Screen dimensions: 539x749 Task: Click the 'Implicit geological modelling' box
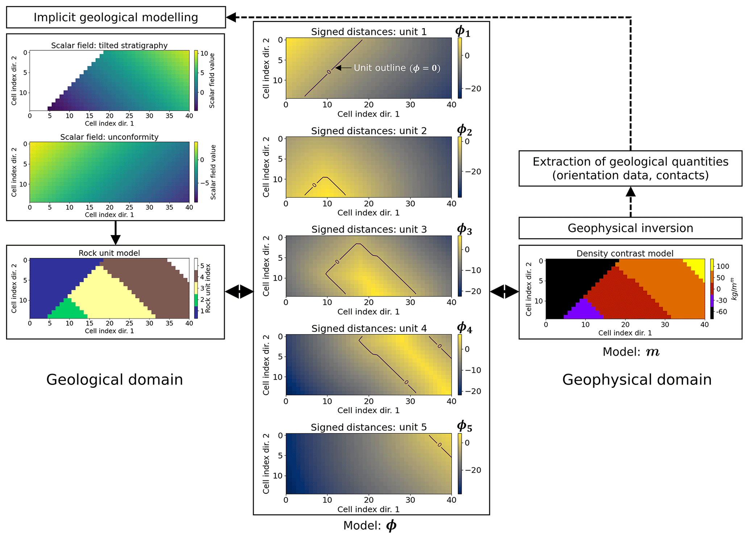pyautogui.click(x=116, y=17)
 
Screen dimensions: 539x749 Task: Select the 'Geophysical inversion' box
pyautogui.click(x=630, y=228)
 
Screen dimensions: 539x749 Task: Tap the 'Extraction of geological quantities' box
pyautogui.click(x=630, y=168)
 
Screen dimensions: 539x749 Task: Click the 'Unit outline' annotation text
pyautogui.click(x=397, y=68)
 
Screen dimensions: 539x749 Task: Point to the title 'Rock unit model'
pyautogui.click(x=109, y=253)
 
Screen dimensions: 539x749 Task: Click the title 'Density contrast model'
pyautogui.click(x=625, y=253)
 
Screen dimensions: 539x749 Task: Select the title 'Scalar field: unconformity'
pyautogui.click(x=109, y=137)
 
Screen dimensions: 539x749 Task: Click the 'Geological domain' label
pyautogui.click(x=115, y=379)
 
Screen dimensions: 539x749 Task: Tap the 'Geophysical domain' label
pyautogui.click(x=637, y=379)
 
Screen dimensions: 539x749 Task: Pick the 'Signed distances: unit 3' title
pyautogui.click(x=369, y=229)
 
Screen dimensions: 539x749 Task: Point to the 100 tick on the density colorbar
pyautogui.click(x=723, y=266)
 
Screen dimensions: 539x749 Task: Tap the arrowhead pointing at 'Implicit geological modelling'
pyautogui.click(x=231, y=17)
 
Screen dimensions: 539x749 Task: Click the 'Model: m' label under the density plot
pyautogui.click(x=631, y=352)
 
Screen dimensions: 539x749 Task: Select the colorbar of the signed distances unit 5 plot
pyautogui.click(x=460, y=464)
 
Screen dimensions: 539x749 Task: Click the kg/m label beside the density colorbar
pyautogui.click(x=734, y=289)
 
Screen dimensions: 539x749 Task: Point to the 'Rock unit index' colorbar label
pyautogui.click(x=208, y=288)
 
